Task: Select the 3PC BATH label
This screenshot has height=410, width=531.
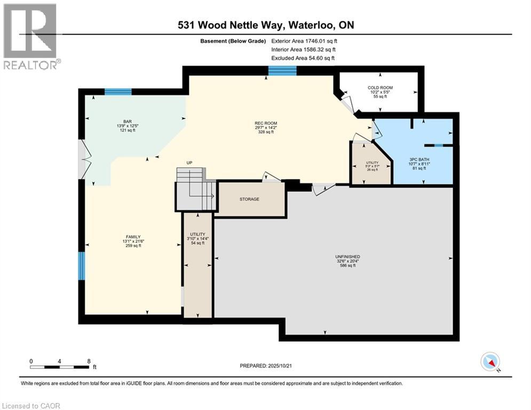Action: pos(418,159)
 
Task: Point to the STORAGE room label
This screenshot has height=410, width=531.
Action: pos(249,199)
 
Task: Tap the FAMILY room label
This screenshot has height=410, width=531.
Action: pos(133,236)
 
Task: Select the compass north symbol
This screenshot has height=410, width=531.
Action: pos(490,362)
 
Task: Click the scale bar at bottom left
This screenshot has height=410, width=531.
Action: pos(60,367)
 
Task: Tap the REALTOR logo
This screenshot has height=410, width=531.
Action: pos(30,36)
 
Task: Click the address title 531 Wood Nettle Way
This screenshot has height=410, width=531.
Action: pos(265,25)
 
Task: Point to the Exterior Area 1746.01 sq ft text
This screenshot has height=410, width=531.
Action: pos(304,41)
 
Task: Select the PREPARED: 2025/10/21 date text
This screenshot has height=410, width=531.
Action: pos(267,366)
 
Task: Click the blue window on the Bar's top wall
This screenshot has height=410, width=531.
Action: pos(118,92)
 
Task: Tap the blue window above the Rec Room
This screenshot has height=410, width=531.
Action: pos(282,70)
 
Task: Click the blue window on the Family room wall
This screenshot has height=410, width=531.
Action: pos(82,266)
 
